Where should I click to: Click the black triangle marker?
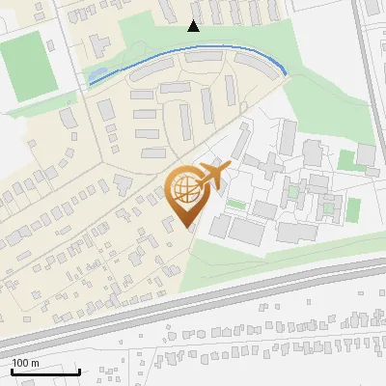point(193,26)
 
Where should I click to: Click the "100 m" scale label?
point(25,362)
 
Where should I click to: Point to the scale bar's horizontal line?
point(45,372)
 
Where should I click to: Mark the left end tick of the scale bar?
point(12,371)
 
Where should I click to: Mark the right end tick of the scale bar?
point(79,371)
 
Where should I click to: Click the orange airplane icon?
point(212,177)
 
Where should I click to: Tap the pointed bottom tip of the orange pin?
point(186,227)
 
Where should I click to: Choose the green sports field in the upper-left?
point(29,64)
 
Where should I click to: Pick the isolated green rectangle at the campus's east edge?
point(353,208)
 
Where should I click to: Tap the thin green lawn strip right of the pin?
point(235,205)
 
